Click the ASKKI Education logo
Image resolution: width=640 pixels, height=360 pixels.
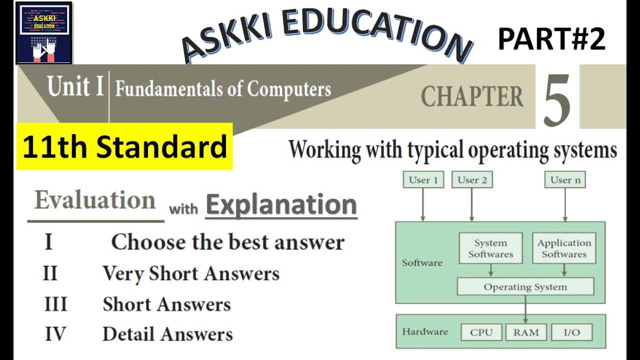[44, 33]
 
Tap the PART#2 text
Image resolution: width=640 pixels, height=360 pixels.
[551, 40]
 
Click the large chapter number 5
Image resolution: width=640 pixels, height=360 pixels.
[556, 100]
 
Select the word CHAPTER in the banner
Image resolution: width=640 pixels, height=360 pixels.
[472, 97]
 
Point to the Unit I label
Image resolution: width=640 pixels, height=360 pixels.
[75, 86]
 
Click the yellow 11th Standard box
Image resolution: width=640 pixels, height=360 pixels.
[124, 146]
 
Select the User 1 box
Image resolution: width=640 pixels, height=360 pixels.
[423, 180]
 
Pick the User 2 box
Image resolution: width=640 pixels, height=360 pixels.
[471, 180]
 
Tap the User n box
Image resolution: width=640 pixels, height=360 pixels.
[565, 180]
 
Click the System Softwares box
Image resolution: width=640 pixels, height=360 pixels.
[490, 248]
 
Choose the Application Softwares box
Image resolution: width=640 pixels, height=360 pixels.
[564, 248]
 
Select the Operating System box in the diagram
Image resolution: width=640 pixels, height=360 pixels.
[525, 287]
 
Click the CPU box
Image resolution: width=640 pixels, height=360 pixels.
[481, 332]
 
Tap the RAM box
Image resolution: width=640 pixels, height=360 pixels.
[525, 332]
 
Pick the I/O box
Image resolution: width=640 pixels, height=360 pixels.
[571, 332]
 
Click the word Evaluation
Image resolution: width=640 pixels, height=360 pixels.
[95, 200]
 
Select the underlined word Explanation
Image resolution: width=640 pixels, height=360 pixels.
[281, 205]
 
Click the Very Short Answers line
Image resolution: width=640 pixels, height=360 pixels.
[190, 273]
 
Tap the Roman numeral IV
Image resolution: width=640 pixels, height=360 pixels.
[55, 334]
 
